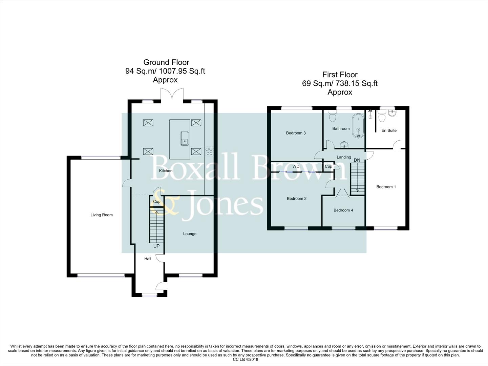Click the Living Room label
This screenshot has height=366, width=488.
coord(101,215)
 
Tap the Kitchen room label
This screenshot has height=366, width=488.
coord(166,171)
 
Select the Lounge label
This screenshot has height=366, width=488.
coord(190,234)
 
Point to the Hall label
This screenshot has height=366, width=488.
coord(148,259)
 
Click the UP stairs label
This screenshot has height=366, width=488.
coord(156,246)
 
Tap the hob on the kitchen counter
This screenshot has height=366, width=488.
coord(209,151)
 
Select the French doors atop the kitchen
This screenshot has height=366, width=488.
coord(172,95)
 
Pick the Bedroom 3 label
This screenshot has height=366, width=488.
coord(296,133)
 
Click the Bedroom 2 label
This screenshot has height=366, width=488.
coord(296,199)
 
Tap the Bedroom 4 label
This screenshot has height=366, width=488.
coord(343,210)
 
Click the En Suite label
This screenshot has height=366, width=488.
coord(389,130)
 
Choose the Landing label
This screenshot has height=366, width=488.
coord(344,157)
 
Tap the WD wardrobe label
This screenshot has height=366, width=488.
coord(296,166)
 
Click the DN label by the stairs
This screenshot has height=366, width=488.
coord(357,160)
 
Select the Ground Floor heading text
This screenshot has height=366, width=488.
coord(166,62)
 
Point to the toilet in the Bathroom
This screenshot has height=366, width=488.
coord(332,117)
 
